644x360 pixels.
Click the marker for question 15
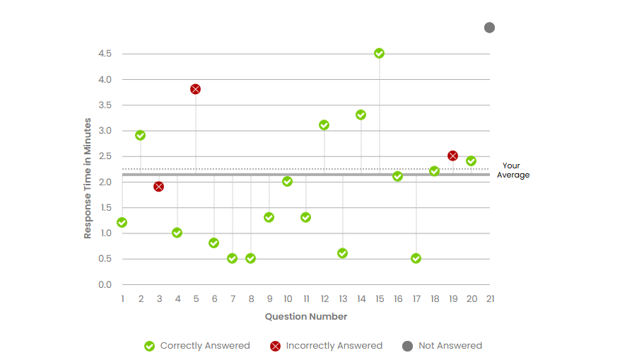tap(379, 54)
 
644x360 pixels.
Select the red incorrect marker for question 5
tap(195, 89)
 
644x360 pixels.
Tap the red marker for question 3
tap(158, 187)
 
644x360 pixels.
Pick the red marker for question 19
tap(452, 156)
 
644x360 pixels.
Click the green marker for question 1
tap(122, 223)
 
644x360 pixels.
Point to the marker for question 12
tap(324, 125)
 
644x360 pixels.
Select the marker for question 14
tap(361, 115)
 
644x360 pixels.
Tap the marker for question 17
tap(416, 259)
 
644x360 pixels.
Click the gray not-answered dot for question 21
tap(489, 28)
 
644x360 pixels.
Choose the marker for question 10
tap(287, 182)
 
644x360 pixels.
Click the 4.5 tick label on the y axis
tap(105, 54)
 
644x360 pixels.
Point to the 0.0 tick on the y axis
tap(105, 284)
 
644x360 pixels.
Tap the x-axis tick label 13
tap(343, 299)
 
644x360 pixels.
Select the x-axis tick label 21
tap(490, 299)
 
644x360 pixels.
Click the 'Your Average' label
tap(513, 170)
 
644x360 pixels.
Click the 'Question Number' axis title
tap(306, 317)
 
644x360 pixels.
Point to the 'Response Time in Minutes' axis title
tap(88, 179)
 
